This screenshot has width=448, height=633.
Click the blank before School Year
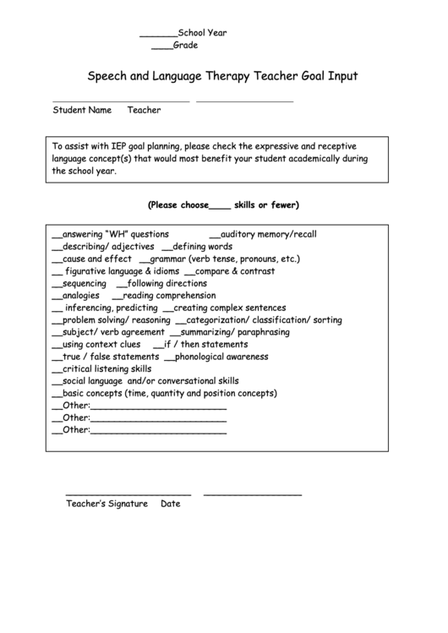click(158, 35)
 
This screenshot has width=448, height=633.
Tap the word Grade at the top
click(186, 46)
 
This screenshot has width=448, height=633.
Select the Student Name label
click(82, 110)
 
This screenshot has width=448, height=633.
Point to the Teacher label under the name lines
click(144, 110)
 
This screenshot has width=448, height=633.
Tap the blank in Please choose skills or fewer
click(219, 206)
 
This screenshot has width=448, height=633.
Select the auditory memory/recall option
click(268, 234)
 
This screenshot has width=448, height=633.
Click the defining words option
click(202, 247)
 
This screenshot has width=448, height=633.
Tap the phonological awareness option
click(221, 357)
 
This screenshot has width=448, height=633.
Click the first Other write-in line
click(158, 407)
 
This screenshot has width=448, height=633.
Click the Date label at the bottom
click(170, 504)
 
